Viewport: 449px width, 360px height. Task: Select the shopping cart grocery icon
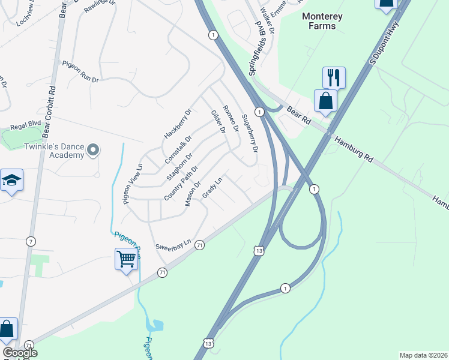(126, 259)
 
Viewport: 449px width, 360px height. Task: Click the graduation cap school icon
(11, 181)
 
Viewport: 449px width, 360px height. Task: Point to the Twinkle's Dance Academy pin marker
(92, 149)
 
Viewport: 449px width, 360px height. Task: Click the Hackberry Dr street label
(177, 124)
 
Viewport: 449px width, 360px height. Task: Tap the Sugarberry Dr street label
(249, 133)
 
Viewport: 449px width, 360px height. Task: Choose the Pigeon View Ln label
(133, 184)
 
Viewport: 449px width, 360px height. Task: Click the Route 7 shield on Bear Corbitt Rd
(31, 241)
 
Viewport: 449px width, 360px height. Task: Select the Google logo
(20, 353)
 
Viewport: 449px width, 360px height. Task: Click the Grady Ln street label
(212, 188)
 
